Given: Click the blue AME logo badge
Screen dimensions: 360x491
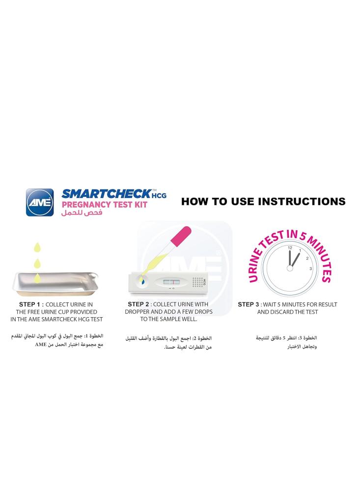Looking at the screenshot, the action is click(39, 202).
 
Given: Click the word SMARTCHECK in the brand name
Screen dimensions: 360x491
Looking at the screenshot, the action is click(106, 194).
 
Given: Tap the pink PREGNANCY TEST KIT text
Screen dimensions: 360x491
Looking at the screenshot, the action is click(104, 205).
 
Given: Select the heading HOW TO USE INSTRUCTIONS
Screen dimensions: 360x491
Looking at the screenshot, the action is click(263, 201).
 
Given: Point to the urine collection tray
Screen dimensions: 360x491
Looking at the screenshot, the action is click(55, 284).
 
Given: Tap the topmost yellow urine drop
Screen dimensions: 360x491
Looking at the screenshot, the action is click(37, 247).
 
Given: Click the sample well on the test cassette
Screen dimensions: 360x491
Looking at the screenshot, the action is click(141, 280).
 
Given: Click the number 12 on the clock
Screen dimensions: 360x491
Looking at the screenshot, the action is click(290, 247).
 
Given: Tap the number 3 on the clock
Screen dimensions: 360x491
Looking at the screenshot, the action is click(310, 269).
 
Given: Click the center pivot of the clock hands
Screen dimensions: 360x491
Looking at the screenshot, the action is click(290, 269).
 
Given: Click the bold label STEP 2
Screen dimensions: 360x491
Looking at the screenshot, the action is click(138, 304).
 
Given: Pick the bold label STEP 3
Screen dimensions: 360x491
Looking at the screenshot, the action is click(249, 304).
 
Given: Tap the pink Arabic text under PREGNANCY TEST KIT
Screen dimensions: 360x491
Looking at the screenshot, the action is click(82, 213).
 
